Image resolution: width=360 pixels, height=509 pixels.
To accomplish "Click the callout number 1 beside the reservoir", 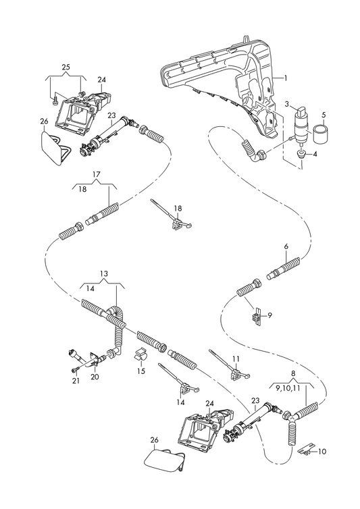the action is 286,78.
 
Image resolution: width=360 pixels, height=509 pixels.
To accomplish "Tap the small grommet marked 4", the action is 302,153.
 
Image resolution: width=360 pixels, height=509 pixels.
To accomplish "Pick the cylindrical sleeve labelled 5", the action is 320,134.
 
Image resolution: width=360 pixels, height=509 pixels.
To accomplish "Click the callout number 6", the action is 286,246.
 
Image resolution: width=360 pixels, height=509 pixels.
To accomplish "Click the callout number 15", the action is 141,371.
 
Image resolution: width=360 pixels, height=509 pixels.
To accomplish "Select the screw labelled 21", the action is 76,370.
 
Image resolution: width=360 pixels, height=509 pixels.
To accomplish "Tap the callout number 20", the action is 95,377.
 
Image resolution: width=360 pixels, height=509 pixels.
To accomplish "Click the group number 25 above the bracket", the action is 66,68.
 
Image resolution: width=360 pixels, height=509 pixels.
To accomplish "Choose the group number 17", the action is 96,174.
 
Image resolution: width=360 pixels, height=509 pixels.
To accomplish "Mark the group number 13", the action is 103,273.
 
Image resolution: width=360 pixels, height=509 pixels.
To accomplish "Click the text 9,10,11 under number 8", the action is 289,387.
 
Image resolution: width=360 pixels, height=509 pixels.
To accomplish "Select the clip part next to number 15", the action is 140,355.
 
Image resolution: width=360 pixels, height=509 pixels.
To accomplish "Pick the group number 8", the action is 293,373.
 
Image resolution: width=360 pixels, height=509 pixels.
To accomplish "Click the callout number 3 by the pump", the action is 287,104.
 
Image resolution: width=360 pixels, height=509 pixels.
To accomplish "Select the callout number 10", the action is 322,452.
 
